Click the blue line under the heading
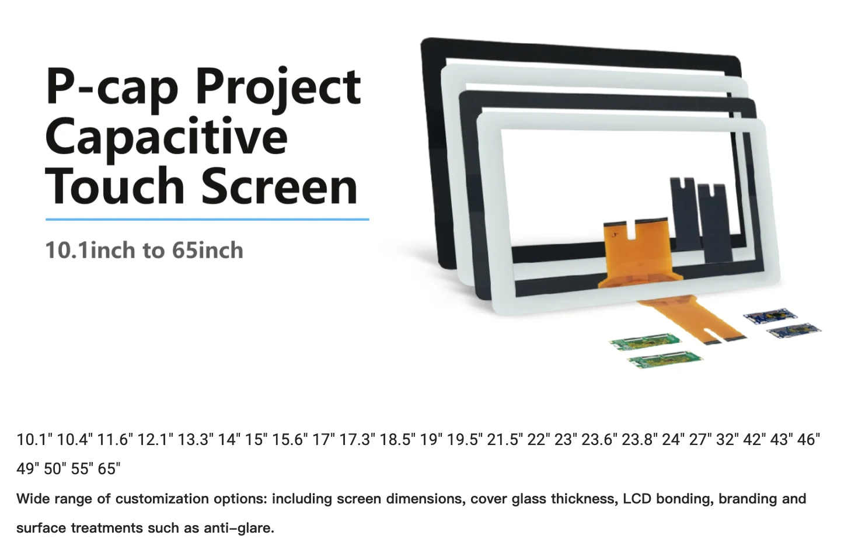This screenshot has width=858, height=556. tap(207, 220)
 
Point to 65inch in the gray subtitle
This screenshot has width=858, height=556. tap(207, 251)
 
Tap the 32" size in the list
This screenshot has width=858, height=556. tap(725, 440)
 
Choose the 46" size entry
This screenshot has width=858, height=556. tap(808, 440)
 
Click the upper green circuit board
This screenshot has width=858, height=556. tap(645, 342)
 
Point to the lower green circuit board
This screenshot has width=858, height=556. tap(664, 359)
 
